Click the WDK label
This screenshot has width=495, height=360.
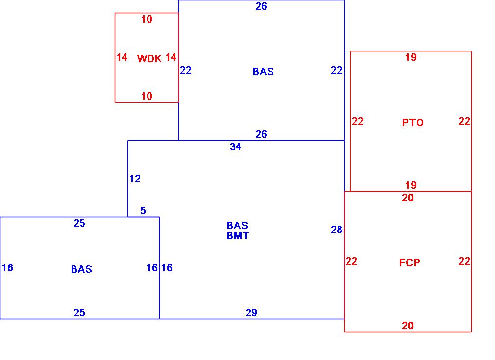[149, 59]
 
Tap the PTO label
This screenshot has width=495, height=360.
[413, 123]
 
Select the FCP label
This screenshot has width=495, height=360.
[409, 263]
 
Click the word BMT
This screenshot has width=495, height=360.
[237, 236]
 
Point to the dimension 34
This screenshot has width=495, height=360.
[235, 147]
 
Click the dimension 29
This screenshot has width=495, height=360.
[251, 313]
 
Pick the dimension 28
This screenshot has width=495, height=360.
[336, 230]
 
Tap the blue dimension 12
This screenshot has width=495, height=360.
[135, 179]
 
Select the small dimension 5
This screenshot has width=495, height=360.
[143, 211]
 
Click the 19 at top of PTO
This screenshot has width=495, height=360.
[410, 57]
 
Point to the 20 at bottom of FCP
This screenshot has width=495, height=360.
[407, 326]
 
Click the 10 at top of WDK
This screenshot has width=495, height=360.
[147, 19]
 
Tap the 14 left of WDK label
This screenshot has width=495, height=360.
[122, 57]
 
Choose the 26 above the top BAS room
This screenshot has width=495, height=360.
[261, 6]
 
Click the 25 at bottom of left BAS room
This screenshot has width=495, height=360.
[79, 313]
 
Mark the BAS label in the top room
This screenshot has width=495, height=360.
[263, 72]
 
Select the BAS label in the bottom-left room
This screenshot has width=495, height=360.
[81, 269]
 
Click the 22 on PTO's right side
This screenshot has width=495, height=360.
[464, 121]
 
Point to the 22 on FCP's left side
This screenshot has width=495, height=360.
[351, 261]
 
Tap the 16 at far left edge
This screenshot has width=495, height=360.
[7, 268]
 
